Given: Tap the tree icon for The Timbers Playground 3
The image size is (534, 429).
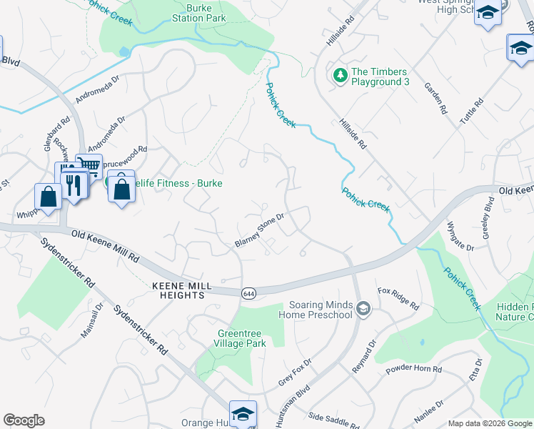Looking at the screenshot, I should (x=341, y=74).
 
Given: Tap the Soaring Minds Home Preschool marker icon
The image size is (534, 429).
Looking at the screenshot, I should (x=363, y=309).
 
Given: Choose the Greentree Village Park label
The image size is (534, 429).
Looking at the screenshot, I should (x=243, y=337).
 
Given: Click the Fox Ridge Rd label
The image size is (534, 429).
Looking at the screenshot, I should (x=398, y=300).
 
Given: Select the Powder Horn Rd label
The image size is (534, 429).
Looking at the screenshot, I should (x=414, y=370).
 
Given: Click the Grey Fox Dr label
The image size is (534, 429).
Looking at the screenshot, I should (x=295, y=373).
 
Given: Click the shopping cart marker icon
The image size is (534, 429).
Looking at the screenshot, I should (x=89, y=166).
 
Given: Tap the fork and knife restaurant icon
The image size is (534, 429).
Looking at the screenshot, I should (x=74, y=184).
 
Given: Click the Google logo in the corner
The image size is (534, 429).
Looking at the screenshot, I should (x=24, y=420).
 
